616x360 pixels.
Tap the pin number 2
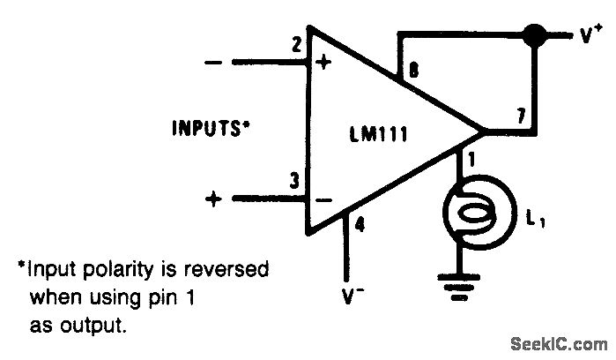pyautogui.click(x=297, y=43)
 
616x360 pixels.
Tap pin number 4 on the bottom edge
pyautogui.click(x=360, y=224)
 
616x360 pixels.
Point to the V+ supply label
pyautogui.click(x=590, y=35)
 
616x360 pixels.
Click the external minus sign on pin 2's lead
pyautogui.click(x=212, y=64)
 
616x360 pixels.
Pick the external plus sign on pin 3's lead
pyautogui.click(x=212, y=199)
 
